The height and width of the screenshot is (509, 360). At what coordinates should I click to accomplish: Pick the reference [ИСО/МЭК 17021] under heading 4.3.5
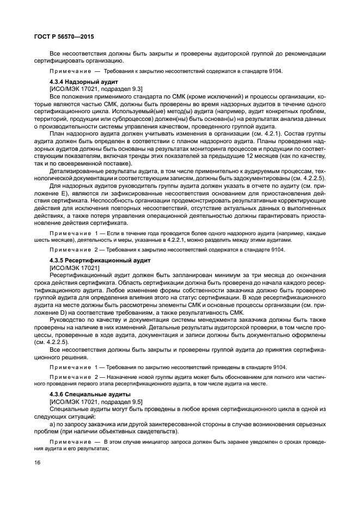point(74,267)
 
